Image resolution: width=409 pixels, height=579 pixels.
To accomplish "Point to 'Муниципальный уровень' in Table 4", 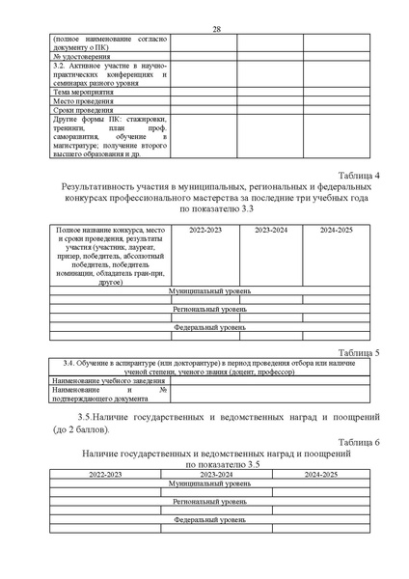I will tap(209, 289).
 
